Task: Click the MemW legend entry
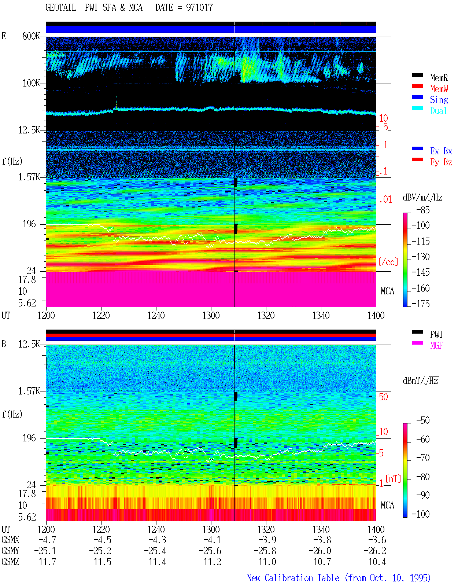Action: tap(439, 88)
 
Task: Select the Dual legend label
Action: tap(438, 111)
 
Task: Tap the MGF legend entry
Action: tap(436, 345)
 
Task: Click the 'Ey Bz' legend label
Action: tap(441, 162)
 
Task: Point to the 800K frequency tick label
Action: tap(31, 36)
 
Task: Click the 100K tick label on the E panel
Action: tap(31, 83)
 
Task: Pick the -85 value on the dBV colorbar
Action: tap(423, 210)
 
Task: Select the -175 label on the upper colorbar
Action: tap(421, 304)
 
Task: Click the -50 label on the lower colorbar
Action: tap(423, 420)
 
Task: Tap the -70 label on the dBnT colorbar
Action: tap(423, 458)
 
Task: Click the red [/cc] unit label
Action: tap(388, 262)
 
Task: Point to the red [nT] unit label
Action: tap(393, 479)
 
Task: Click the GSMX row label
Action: tap(10, 540)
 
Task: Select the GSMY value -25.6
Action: tap(210, 551)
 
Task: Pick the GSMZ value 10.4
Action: tap(377, 562)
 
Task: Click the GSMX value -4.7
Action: tap(47, 540)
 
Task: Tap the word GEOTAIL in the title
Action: tap(61, 8)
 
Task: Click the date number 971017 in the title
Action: tap(199, 8)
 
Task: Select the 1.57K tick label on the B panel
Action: tap(29, 391)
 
